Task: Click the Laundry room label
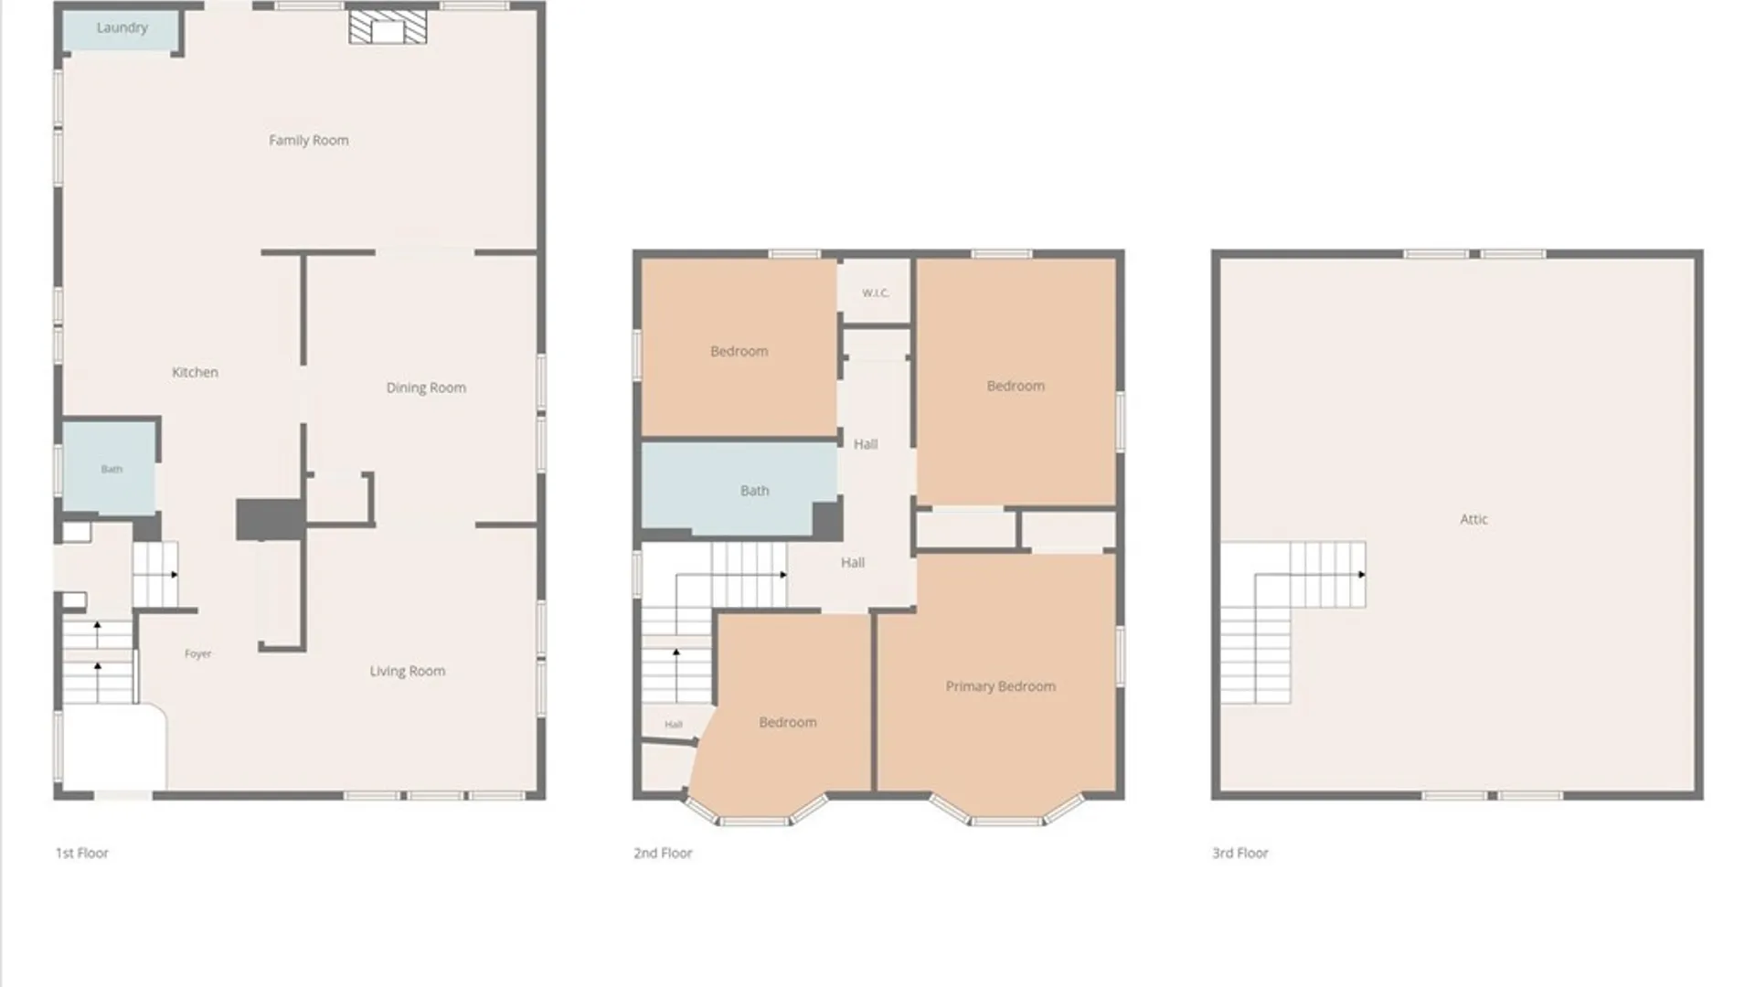(122, 27)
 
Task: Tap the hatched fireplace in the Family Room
(388, 27)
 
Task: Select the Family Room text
(308, 140)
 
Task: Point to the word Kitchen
(195, 372)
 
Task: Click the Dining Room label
(426, 387)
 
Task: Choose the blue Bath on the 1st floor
(110, 468)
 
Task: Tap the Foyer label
(197, 653)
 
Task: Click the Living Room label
(408, 671)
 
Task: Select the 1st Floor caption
(82, 853)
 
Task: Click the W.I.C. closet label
(875, 293)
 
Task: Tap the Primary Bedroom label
(1000, 686)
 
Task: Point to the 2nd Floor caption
(663, 853)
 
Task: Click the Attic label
(1473, 519)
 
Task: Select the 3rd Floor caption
(1240, 853)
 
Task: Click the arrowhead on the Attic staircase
(1362, 575)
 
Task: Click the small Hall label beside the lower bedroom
(674, 725)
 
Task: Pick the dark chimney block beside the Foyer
(270, 519)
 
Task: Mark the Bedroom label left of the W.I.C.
(739, 351)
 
